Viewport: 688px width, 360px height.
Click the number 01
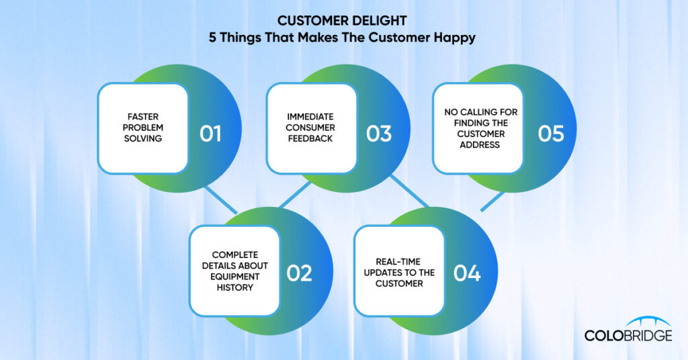click(210, 134)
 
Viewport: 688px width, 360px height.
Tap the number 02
click(299, 273)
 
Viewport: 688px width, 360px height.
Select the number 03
click(379, 134)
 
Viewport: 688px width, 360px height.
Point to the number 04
click(467, 273)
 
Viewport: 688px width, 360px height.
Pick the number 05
click(551, 134)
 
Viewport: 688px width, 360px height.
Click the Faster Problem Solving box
click(143, 128)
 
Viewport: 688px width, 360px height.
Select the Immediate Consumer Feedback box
click(311, 128)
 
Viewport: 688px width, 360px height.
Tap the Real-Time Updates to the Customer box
click(399, 271)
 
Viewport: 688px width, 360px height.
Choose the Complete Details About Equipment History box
click(234, 271)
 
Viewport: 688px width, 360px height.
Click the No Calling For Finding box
click(478, 128)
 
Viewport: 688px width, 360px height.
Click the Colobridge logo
click(628, 330)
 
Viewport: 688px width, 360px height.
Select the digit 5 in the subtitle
click(212, 37)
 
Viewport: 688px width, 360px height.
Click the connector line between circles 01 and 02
click(221, 199)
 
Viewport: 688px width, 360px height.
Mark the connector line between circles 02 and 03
click(295, 195)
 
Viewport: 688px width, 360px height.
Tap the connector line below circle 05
click(492, 201)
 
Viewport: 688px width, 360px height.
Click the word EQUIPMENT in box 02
click(234, 277)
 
